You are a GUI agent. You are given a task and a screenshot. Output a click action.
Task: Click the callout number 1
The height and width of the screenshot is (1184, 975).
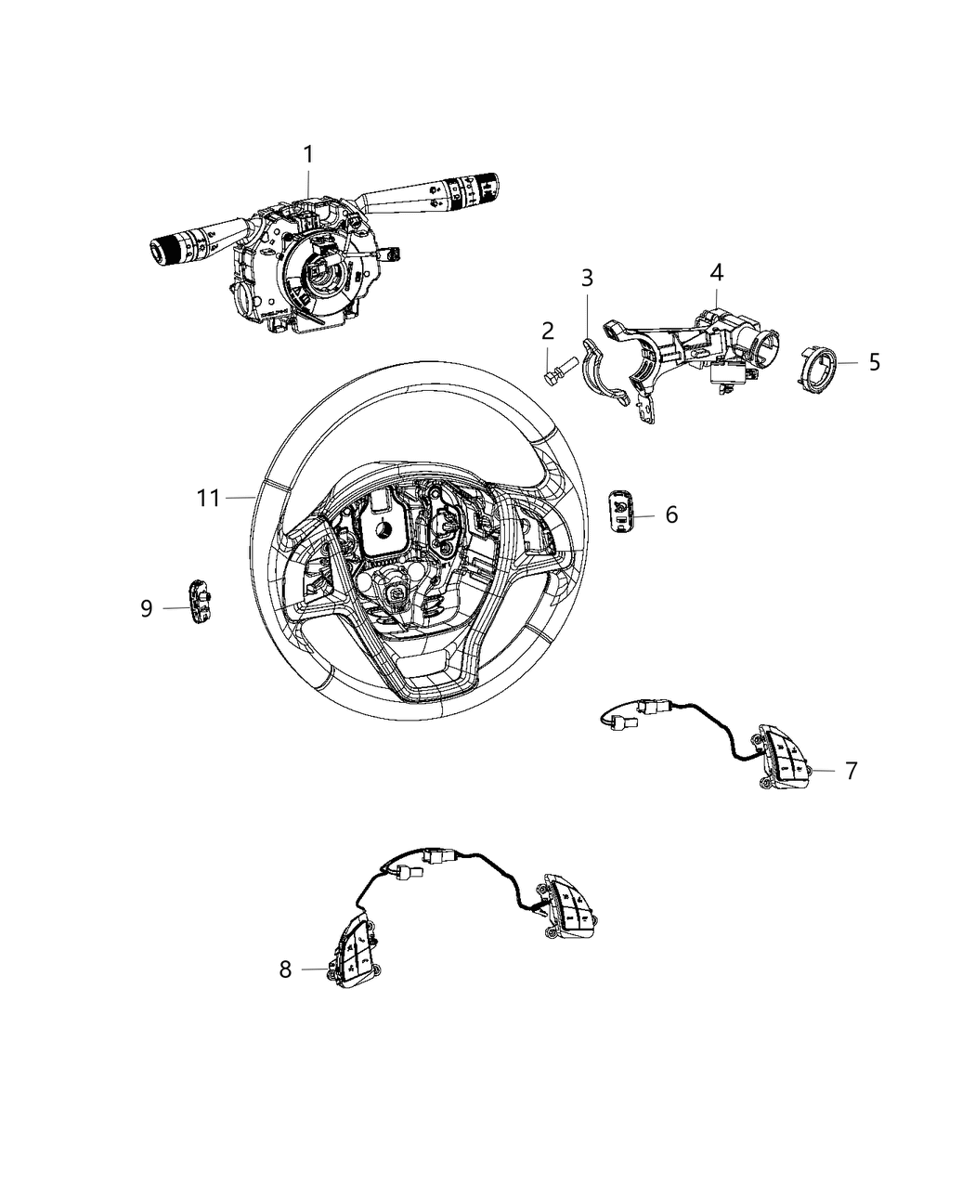(309, 154)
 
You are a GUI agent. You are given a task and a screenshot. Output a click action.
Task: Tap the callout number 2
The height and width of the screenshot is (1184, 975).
(548, 330)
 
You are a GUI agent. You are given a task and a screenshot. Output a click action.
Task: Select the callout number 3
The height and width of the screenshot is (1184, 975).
(587, 278)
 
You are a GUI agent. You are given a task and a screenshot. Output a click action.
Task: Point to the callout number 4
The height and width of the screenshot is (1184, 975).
(716, 272)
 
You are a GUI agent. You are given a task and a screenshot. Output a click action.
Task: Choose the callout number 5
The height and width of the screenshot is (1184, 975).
(874, 362)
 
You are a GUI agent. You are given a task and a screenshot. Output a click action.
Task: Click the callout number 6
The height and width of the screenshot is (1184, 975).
(671, 514)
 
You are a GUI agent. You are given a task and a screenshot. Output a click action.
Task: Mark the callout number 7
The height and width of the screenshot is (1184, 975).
(851, 770)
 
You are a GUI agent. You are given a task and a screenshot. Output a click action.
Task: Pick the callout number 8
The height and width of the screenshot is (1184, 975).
(285, 969)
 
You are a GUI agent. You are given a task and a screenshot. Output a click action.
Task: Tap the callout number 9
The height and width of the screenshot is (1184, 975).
(147, 608)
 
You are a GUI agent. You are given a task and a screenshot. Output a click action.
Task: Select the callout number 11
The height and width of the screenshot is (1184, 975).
(209, 499)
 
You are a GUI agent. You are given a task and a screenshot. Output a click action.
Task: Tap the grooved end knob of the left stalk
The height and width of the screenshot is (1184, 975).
(167, 249)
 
